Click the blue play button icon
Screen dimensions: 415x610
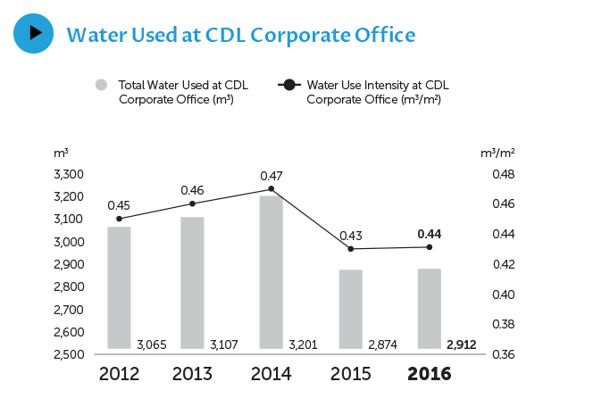tap(34, 33)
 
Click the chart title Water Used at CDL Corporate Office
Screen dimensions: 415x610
tap(241, 35)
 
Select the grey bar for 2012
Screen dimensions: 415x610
tap(119, 287)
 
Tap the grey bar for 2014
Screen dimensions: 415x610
tap(271, 272)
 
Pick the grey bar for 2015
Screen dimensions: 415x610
tap(351, 309)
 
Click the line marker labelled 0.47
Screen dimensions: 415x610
tap(271, 189)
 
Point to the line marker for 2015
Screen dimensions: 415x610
tap(351, 248)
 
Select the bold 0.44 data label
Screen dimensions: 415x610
tap(430, 234)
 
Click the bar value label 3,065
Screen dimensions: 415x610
tap(152, 344)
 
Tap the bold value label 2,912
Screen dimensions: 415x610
tap(461, 344)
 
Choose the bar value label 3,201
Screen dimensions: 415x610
tap(304, 344)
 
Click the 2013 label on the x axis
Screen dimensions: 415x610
tap(192, 374)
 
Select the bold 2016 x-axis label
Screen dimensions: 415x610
tap(430, 374)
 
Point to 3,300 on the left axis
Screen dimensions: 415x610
tap(70, 174)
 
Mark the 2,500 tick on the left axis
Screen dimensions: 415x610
tap(70, 354)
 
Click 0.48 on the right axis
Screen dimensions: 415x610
tap(503, 174)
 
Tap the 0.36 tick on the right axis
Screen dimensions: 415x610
tap(503, 354)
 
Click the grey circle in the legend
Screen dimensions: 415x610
tap(101, 86)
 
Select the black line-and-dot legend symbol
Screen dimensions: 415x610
tap(289, 86)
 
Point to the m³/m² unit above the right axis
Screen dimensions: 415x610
tap(497, 154)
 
